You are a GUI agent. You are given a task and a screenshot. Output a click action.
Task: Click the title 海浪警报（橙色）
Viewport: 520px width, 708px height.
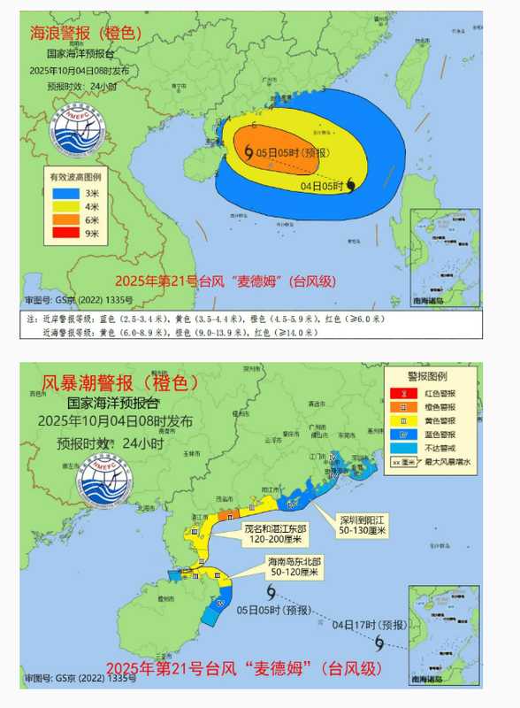coord(87,34)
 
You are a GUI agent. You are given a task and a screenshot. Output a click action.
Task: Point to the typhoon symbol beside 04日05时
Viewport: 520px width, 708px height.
coord(352,184)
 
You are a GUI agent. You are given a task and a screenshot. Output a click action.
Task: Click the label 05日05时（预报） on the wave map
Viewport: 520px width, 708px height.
coord(287,152)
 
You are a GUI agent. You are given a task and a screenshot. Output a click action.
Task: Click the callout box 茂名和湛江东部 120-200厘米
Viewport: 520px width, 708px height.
coord(272,532)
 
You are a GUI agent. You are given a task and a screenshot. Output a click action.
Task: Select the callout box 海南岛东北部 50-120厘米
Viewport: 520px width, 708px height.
coord(293,567)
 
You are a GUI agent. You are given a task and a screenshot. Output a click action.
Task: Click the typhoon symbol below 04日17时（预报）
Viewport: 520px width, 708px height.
coord(379,643)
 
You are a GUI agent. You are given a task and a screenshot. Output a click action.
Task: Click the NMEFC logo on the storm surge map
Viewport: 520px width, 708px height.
coord(104,484)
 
